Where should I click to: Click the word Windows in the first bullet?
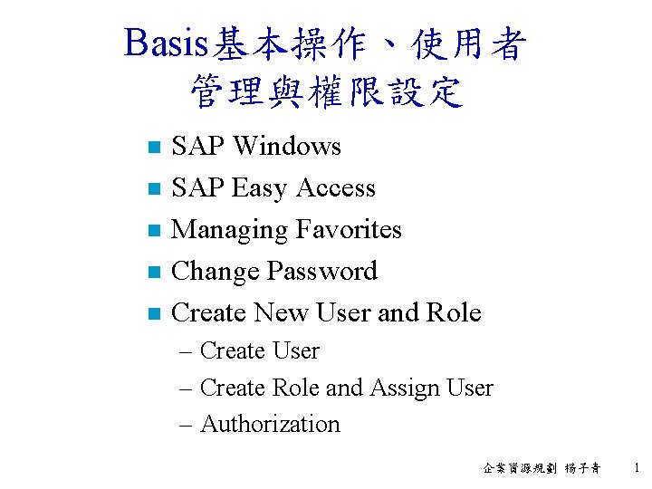pyautogui.click(x=286, y=146)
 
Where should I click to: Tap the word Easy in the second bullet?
pyautogui.click(x=260, y=188)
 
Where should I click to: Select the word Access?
pyautogui.click(x=335, y=187)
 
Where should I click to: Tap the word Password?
pyautogui.click(x=320, y=272)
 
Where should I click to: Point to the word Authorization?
pyautogui.click(x=270, y=424)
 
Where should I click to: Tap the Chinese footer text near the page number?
pyautogui.click(x=542, y=468)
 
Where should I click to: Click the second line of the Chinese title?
pyautogui.click(x=326, y=92)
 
